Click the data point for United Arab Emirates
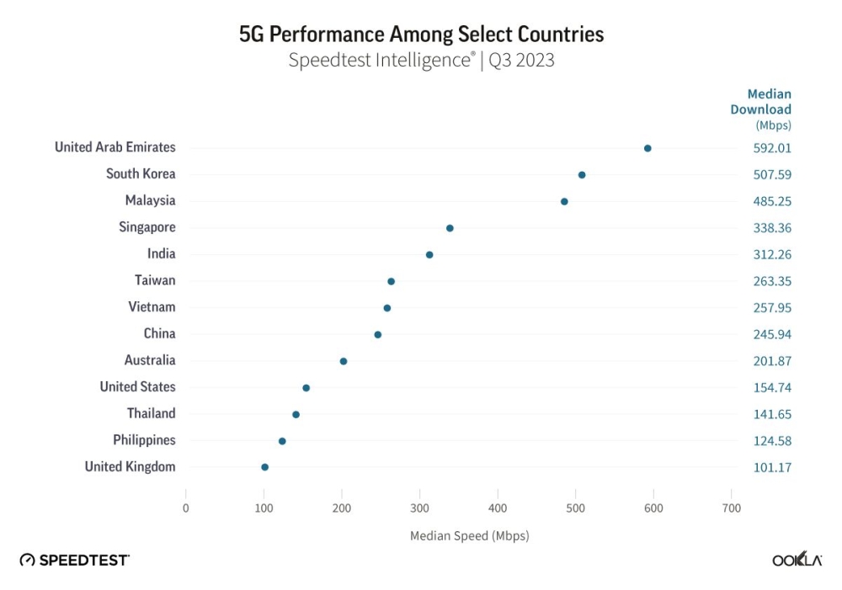(x=647, y=148)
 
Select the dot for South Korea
(x=582, y=175)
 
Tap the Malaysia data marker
(x=564, y=202)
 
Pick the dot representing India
(x=429, y=255)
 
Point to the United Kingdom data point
(x=264, y=467)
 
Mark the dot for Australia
(x=344, y=361)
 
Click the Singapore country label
(x=147, y=227)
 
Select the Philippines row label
(x=144, y=440)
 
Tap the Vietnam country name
(x=152, y=307)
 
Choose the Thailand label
(x=152, y=413)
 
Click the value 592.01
(x=772, y=148)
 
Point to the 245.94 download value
(x=772, y=335)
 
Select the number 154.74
(x=772, y=388)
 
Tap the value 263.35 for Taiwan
(x=772, y=281)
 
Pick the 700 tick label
(x=732, y=508)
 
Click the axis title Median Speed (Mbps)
(x=469, y=535)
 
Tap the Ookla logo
(x=797, y=561)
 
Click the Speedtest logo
(x=75, y=560)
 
